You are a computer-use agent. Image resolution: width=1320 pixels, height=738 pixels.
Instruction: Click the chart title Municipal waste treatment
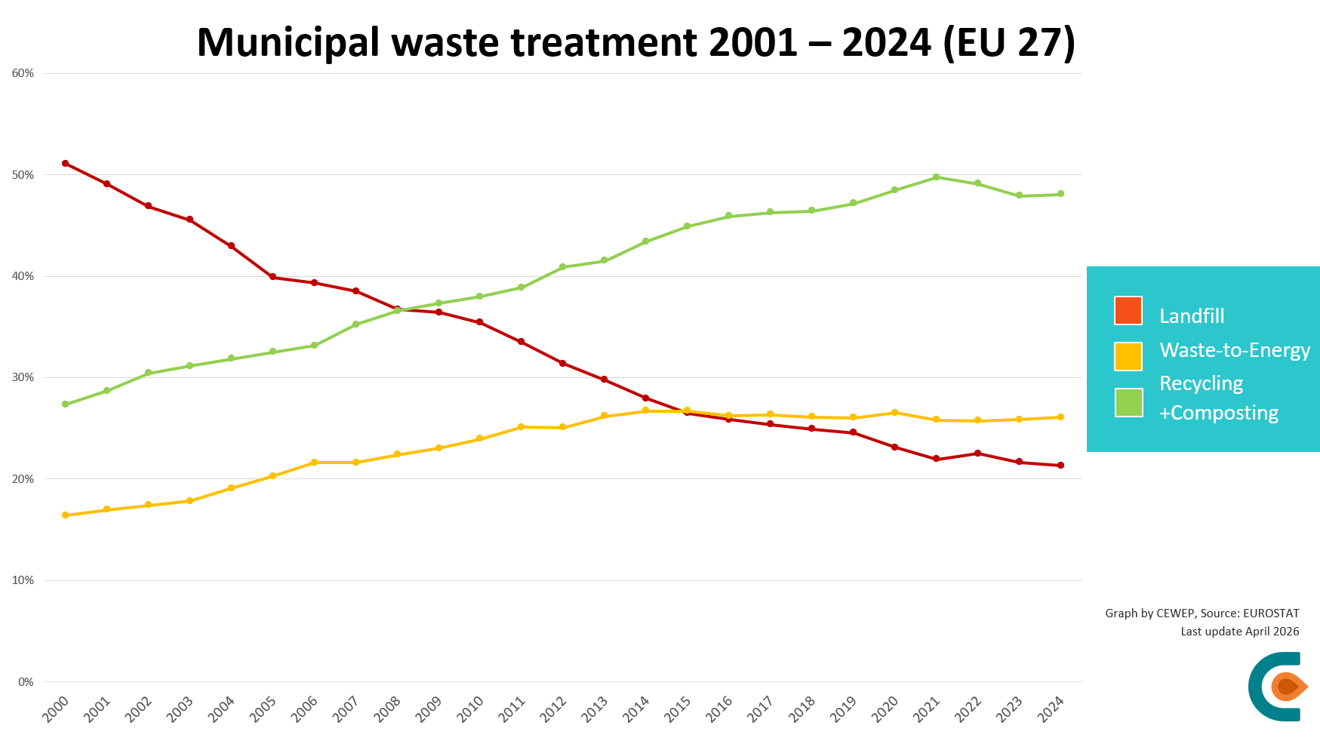[x=635, y=42]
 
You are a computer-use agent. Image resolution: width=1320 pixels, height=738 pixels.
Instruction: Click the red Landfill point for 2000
[x=66, y=163]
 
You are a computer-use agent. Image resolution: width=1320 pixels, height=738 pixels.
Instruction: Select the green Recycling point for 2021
[x=936, y=177]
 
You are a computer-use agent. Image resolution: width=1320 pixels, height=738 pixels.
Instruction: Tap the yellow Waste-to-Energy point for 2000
[x=66, y=515]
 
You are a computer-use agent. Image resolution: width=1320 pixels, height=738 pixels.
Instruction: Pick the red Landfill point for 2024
[x=1060, y=466]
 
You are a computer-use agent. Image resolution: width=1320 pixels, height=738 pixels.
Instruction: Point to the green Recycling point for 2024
[x=1060, y=194]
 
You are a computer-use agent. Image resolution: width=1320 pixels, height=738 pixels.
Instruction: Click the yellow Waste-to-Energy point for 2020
[x=894, y=413]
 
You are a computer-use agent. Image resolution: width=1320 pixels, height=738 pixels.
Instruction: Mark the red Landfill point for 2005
[x=272, y=277]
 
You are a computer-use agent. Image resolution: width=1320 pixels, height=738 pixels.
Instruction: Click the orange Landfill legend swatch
[x=1128, y=311]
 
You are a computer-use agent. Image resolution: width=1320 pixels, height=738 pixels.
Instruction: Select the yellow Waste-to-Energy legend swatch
[x=1128, y=356]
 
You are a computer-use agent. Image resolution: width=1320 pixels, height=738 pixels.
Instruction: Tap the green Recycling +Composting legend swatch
[x=1128, y=402]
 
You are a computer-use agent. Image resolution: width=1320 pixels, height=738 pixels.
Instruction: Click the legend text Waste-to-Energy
[x=1235, y=350]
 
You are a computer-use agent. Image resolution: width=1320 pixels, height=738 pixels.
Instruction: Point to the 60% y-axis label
[x=23, y=73]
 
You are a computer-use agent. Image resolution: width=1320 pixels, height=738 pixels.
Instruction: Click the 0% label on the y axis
[x=26, y=682]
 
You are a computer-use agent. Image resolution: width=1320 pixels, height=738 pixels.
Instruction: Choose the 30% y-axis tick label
[x=23, y=377]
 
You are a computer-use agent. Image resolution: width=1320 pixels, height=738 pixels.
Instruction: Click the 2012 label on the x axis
[x=553, y=709]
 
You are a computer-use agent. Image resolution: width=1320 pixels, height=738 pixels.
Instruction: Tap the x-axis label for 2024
[x=1051, y=709]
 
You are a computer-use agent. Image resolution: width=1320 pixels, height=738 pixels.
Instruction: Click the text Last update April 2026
[x=1239, y=632]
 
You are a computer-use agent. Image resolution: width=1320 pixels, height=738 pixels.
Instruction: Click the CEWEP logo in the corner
[x=1278, y=686]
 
